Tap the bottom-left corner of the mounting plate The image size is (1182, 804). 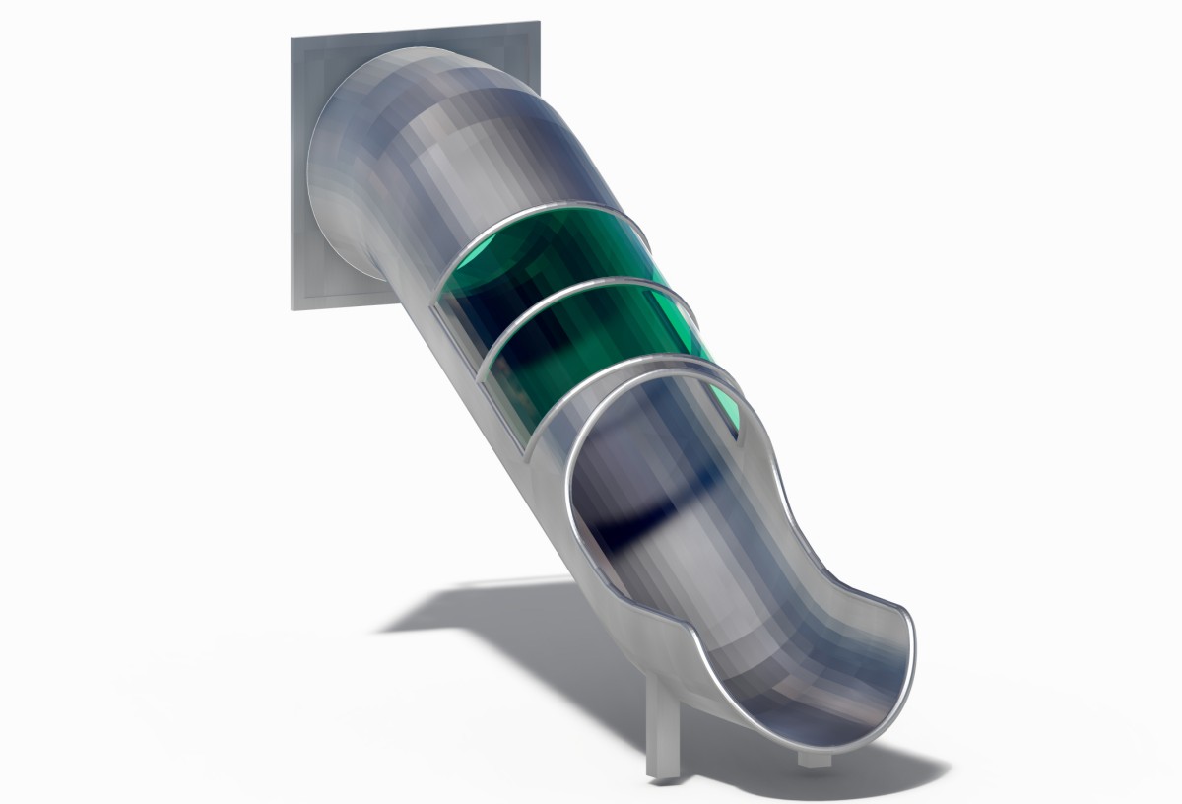pyautogui.click(x=294, y=306)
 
